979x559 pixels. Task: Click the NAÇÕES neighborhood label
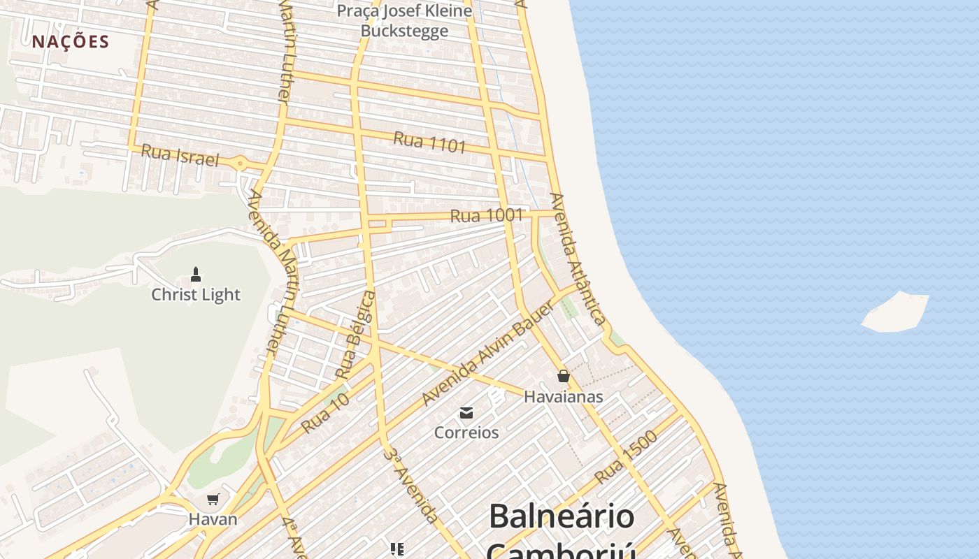pyautogui.click(x=71, y=41)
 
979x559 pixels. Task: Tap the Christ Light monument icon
pyautogui.click(x=196, y=274)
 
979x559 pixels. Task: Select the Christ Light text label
pyautogui.click(x=196, y=295)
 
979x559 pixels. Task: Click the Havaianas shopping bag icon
pyautogui.click(x=564, y=376)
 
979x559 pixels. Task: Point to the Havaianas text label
pyautogui.click(x=564, y=397)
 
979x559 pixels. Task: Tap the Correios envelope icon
pyautogui.click(x=466, y=412)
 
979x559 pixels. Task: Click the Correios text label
pyautogui.click(x=466, y=433)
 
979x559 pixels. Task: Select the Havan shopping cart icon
pyautogui.click(x=213, y=499)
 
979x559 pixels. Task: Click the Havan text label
pyautogui.click(x=213, y=520)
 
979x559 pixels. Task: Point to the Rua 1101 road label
pyautogui.click(x=429, y=142)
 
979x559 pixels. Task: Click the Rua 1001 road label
pyautogui.click(x=487, y=216)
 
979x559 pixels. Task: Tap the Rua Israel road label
pyautogui.click(x=180, y=155)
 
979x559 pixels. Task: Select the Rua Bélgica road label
pyautogui.click(x=356, y=335)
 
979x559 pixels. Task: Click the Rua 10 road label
pyautogui.click(x=325, y=413)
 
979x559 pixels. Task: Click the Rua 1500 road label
pyautogui.click(x=627, y=458)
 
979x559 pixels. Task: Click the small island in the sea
pyautogui.click(x=896, y=312)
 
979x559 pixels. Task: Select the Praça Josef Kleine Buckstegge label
pyautogui.click(x=404, y=21)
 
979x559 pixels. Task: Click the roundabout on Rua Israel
pyautogui.click(x=241, y=164)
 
